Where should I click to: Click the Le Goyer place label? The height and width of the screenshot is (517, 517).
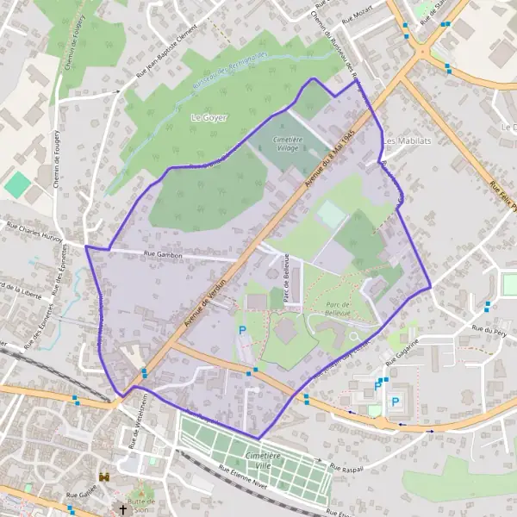(x=209, y=117)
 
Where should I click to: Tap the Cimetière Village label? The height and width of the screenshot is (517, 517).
(x=287, y=144)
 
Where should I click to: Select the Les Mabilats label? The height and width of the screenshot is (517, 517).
(x=408, y=140)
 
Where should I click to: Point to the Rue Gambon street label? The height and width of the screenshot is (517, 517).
(x=162, y=254)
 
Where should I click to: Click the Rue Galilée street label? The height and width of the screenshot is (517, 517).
(x=82, y=496)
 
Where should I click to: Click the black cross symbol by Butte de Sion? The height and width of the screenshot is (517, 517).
(x=122, y=509)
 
